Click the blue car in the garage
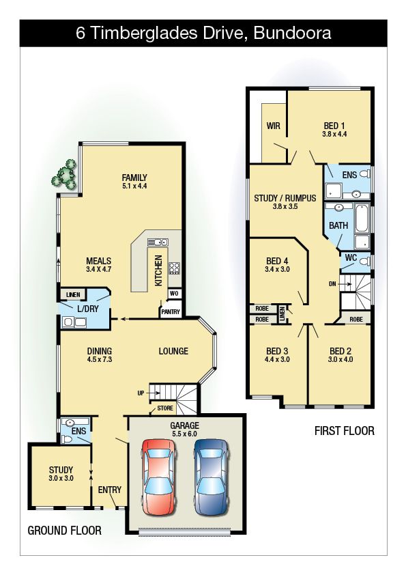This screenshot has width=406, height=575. (x=212, y=477)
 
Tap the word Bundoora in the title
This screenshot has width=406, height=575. (x=292, y=33)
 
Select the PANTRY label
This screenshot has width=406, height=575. (x=171, y=311)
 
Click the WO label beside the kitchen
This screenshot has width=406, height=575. (x=174, y=294)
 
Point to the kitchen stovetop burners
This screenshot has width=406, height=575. (x=175, y=268)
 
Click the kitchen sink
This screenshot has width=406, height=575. (x=158, y=242)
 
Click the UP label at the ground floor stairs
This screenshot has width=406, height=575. (x=141, y=393)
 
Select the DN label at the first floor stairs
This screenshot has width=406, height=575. (x=332, y=284)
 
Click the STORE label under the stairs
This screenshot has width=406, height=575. (x=165, y=408)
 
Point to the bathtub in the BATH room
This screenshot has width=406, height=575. (x=361, y=219)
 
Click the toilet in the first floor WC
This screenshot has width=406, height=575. (x=364, y=262)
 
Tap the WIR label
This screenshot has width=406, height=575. (x=274, y=126)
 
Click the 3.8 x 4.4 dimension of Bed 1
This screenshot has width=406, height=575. (x=334, y=135)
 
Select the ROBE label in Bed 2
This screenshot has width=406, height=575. (x=356, y=320)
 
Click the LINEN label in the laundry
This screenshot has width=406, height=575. (x=73, y=295)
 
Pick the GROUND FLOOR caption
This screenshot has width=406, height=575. (x=65, y=530)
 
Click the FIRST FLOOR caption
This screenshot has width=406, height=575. (x=345, y=430)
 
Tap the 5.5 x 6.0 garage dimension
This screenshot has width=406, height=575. (x=185, y=434)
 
